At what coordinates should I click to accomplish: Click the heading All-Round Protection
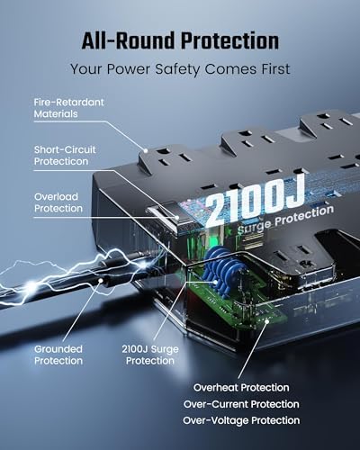[x=180, y=40]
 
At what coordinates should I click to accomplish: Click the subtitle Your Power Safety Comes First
[x=180, y=68]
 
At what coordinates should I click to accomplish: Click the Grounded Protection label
[x=59, y=355]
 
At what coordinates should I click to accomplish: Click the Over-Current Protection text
[x=241, y=404]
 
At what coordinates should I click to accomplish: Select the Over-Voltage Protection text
[x=241, y=420]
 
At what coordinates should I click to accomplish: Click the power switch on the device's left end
[x=165, y=219]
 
